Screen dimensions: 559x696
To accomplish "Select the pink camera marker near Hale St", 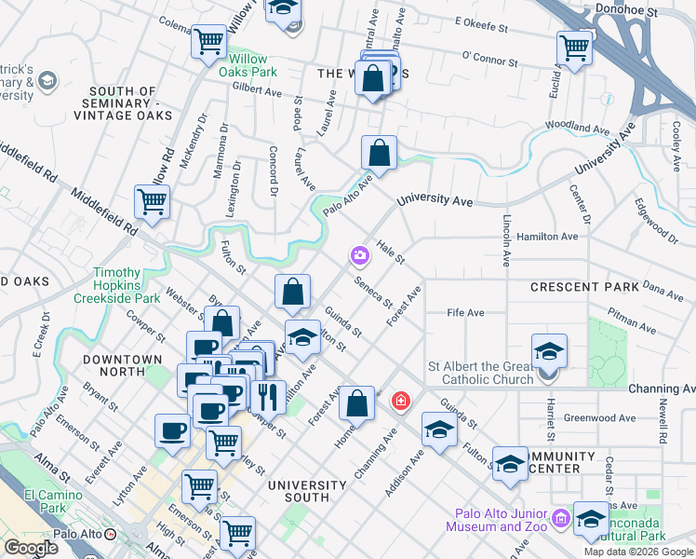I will (359, 254).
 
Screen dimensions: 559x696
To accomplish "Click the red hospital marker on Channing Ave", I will (400, 401).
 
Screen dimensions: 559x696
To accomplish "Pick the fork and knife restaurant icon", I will (268, 396).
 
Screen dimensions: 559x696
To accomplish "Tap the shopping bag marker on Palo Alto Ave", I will (379, 152).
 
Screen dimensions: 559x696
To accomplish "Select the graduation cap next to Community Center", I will (510, 465).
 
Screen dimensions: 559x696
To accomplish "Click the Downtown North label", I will (121, 359).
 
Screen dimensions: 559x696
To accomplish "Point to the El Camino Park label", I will (32, 501).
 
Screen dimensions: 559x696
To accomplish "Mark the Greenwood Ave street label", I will (594, 418).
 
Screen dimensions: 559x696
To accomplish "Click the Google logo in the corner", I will (31, 548).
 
